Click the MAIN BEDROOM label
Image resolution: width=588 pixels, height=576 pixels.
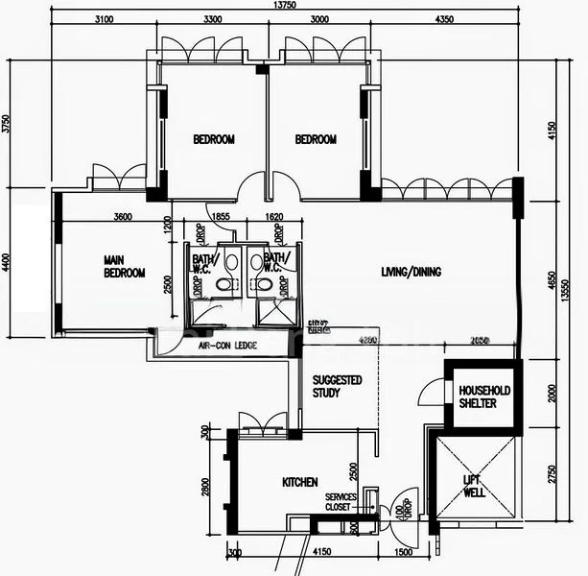coord(124,266)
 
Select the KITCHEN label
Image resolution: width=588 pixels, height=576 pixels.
coord(299,482)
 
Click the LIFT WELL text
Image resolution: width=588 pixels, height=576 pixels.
coord(474,486)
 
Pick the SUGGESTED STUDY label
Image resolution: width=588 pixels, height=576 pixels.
coord(338,386)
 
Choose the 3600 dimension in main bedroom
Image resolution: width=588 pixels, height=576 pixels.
coord(122,217)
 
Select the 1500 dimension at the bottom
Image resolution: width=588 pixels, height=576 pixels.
coord(403,554)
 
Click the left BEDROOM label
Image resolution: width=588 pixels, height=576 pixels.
coord(213,139)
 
